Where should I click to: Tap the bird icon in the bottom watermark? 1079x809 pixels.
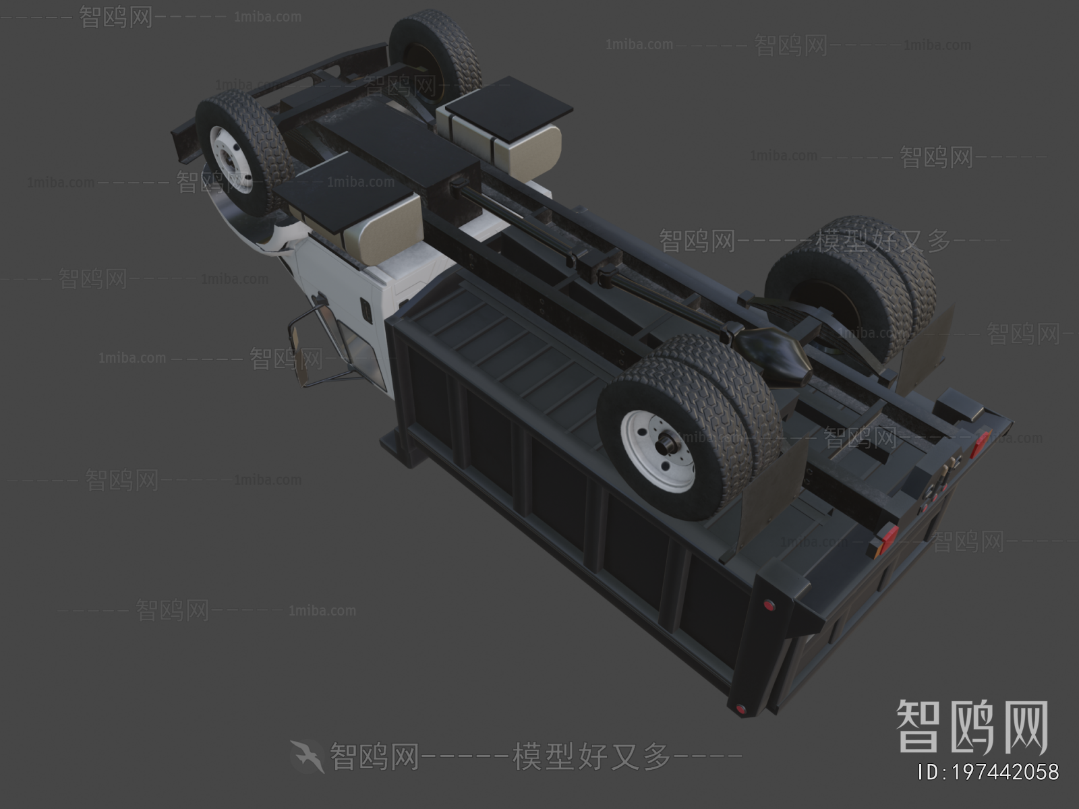pyautogui.click(x=308, y=756)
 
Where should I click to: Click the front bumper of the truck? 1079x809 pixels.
pyautogui.click(x=182, y=145)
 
